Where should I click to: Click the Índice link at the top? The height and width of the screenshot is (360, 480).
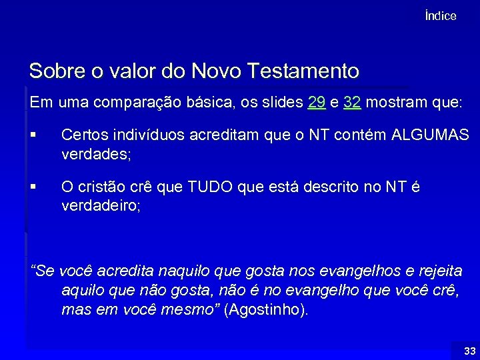[x=440, y=16]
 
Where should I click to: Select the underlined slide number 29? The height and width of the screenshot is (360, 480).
[x=317, y=103]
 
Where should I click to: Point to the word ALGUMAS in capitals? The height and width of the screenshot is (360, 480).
[x=430, y=135]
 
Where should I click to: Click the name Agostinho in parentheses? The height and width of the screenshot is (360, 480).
[x=266, y=310]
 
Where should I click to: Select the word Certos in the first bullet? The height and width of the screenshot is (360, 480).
[x=82, y=135]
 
